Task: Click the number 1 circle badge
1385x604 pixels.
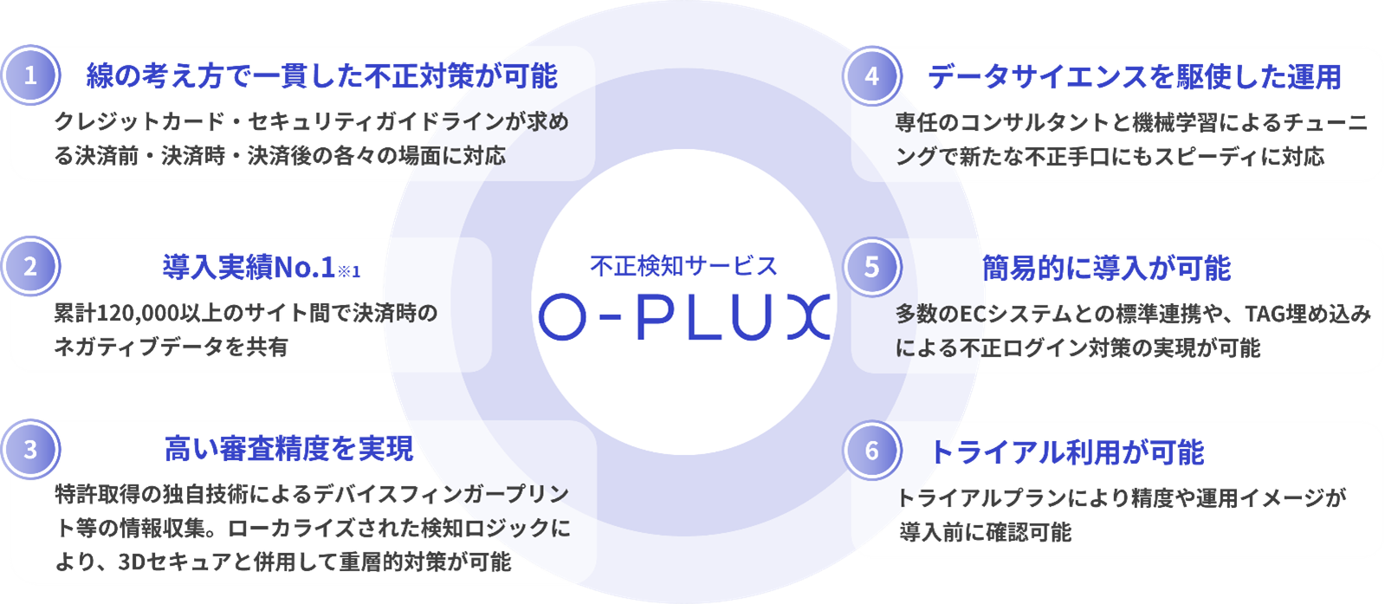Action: pyautogui.click(x=30, y=76)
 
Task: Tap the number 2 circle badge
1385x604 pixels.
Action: pyautogui.click(x=30, y=266)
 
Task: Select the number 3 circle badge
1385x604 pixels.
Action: pyautogui.click(x=30, y=450)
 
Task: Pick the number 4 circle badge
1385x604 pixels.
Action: pyautogui.click(x=871, y=76)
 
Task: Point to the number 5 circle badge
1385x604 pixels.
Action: pyautogui.click(x=871, y=266)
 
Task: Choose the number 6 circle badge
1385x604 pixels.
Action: pyautogui.click(x=871, y=451)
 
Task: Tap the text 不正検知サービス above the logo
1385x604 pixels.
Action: pyautogui.click(x=683, y=266)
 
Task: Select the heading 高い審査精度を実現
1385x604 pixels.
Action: pyautogui.click(x=289, y=449)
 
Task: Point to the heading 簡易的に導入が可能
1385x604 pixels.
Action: pyautogui.click(x=1106, y=268)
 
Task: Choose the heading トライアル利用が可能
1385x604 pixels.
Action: pyautogui.click(x=1066, y=452)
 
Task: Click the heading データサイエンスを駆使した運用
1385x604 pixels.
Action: pyautogui.click(x=1134, y=77)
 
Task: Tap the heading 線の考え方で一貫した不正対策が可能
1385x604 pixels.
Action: pyautogui.click(x=321, y=76)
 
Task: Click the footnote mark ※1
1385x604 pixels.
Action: pyautogui.click(x=349, y=272)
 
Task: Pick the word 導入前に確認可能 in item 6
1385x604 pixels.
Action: pyautogui.click(x=985, y=531)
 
